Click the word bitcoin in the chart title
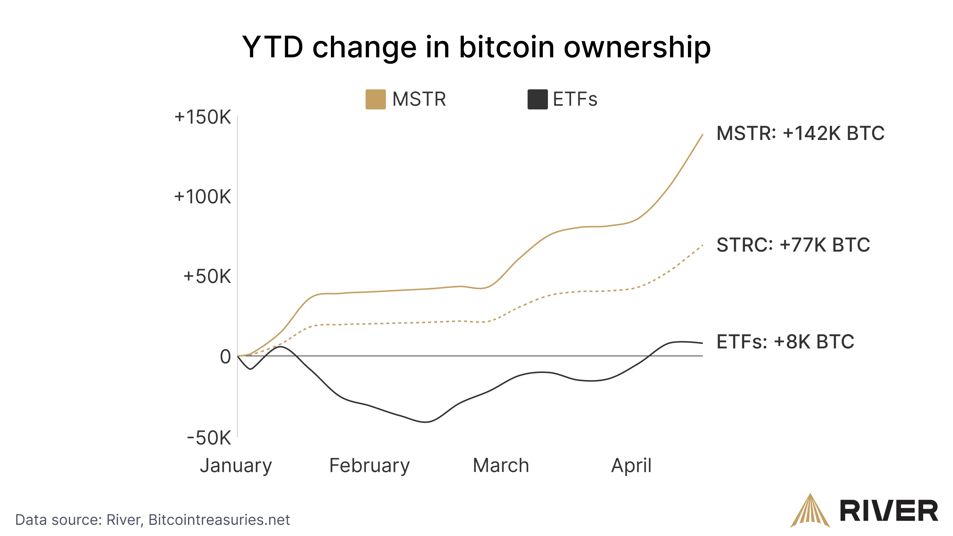click(x=506, y=47)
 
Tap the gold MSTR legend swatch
click(x=375, y=99)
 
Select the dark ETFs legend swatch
click(x=537, y=99)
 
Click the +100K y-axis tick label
click(x=203, y=197)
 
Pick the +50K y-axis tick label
click(x=207, y=277)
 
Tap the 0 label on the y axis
click(x=225, y=357)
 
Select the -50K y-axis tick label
click(x=209, y=438)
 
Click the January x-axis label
click(x=236, y=465)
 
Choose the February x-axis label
click(x=369, y=465)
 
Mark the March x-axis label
click(x=501, y=465)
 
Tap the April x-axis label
click(x=631, y=465)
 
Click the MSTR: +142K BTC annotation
click(x=800, y=133)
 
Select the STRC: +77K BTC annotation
click(x=793, y=245)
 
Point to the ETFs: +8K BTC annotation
click(x=785, y=342)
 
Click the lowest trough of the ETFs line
click(x=426, y=422)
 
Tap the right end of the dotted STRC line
click(x=702, y=245)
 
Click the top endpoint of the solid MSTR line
click(x=702, y=135)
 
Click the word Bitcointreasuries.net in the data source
click(x=219, y=520)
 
